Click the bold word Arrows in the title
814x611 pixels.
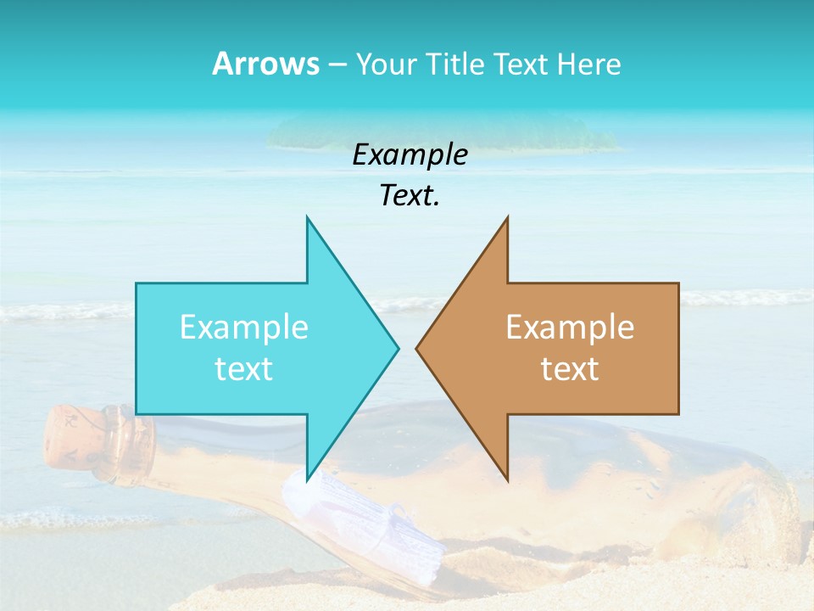click(x=265, y=64)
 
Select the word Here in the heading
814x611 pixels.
click(x=589, y=64)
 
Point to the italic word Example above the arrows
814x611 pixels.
click(x=410, y=154)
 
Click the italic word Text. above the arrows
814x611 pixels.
click(x=410, y=196)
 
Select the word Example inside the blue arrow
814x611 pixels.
click(x=244, y=327)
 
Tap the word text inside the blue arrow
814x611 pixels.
click(x=244, y=368)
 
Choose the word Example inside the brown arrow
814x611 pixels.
click(x=570, y=327)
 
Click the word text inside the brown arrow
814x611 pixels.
click(x=570, y=368)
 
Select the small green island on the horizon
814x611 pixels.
click(x=441, y=132)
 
